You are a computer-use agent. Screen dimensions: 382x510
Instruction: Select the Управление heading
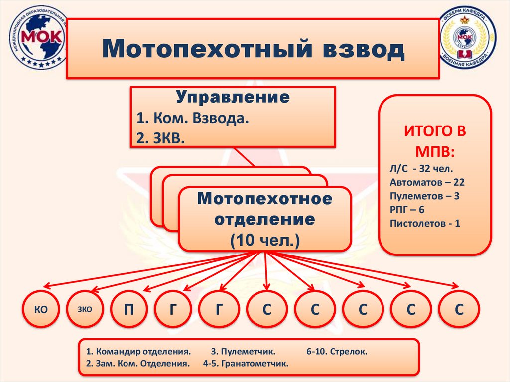233,97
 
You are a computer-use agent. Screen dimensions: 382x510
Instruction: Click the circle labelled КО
41,309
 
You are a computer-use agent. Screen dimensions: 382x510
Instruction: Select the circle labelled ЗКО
85,309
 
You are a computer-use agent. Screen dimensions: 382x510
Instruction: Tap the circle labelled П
129,309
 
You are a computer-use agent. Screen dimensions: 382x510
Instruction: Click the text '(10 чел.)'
264,240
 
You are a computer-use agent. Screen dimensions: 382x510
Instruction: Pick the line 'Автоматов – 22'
428,182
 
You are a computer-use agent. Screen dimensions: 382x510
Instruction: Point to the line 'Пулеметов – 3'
425,196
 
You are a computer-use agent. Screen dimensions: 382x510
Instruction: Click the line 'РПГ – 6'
407,209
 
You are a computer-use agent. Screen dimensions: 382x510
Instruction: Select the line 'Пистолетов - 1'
425,223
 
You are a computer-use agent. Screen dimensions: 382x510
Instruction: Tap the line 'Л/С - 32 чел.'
422,168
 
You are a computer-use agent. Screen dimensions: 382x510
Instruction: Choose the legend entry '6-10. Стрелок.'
337,352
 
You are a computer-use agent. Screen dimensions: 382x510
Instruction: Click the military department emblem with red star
467,39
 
